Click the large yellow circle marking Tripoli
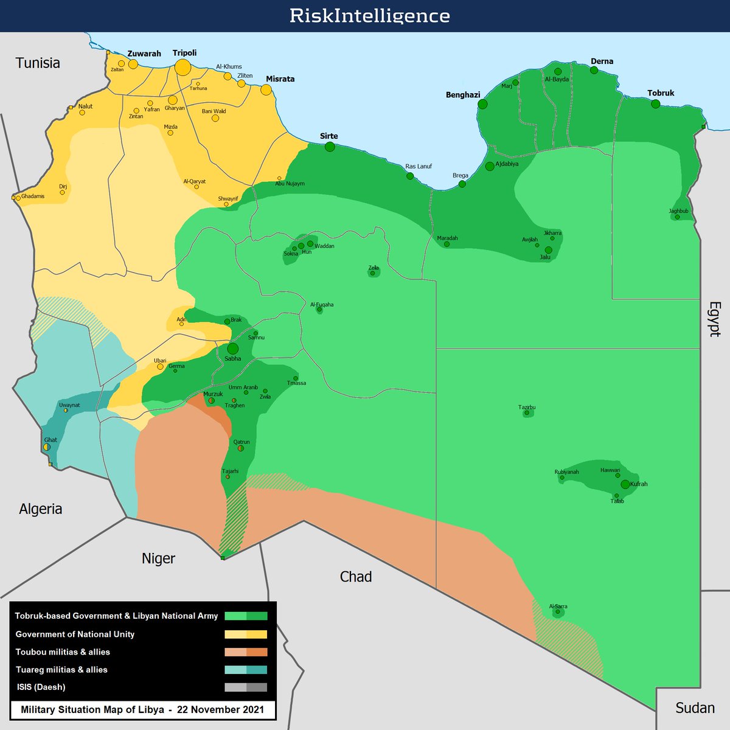tap(183, 67)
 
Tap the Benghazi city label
tap(463, 95)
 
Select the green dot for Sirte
tap(330, 147)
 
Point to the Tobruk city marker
tap(655, 104)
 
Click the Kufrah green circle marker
tap(625, 484)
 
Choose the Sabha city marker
tap(232, 349)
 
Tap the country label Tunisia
tap(38, 63)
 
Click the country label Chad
tap(355, 577)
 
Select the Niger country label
tap(158, 558)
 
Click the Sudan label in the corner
tap(695, 708)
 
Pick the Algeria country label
tap(40, 509)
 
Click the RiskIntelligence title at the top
tap(369, 15)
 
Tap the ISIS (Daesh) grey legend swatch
tap(246, 687)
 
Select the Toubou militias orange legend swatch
tap(246, 652)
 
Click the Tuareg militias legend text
tap(61, 670)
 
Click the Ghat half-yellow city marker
tap(47, 447)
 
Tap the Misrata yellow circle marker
tap(266, 89)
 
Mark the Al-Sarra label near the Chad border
tap(558, 607)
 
